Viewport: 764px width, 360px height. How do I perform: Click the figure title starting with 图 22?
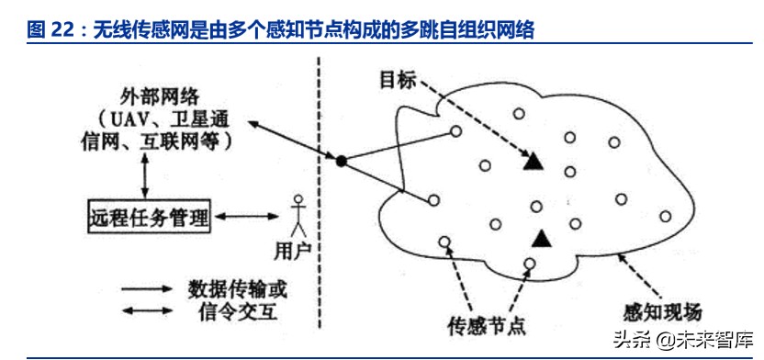click(x=280, y=30)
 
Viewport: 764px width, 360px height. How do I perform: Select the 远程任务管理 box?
click(x=149, y=218)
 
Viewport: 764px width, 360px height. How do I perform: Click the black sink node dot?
click(x=341, y=162)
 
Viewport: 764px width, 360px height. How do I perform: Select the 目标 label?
click(x=398, y=80)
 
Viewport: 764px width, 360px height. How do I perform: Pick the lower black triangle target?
click(x=542, y=238)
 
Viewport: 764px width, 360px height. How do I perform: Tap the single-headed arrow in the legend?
click(x=147, y=288)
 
